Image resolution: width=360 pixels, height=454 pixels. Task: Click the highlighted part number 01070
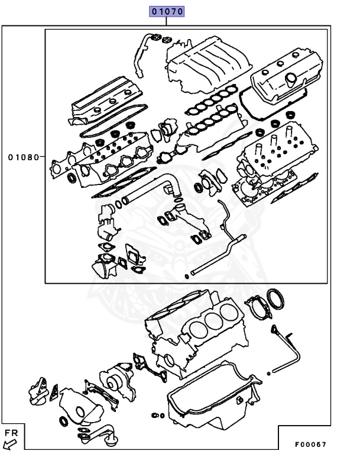(167, 11)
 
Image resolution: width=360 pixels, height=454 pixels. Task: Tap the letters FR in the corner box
(11, 433)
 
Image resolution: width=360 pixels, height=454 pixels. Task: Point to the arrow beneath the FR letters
(9, 443)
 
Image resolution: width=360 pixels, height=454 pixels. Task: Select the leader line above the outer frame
(167, 21)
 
